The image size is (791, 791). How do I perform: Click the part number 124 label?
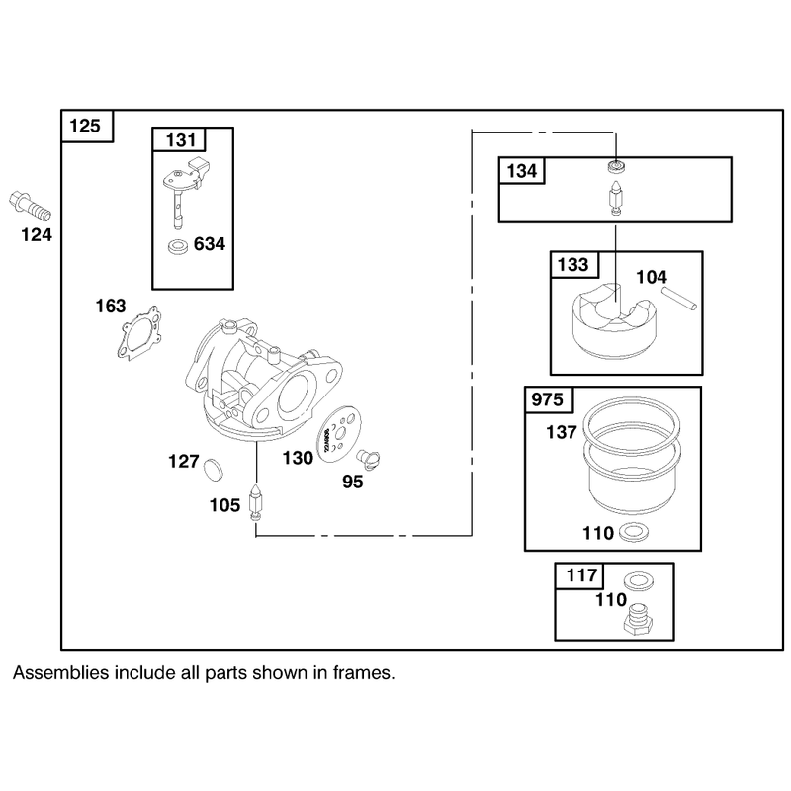click(x=37, y=235)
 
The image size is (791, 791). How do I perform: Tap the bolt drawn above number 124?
click(x=31, y=206)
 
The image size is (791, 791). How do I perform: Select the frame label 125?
click(x=85, y=126)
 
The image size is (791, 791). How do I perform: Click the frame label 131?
click(x=181, y=139)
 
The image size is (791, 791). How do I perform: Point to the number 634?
click(x=210, y=244)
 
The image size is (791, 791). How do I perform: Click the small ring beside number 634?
click(x=179, y=246)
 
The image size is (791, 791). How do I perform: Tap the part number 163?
click(x=111, y=306)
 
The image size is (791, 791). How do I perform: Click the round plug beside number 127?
click(x=212, y=468)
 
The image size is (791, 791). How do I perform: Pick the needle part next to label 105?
click(x=257, y=504)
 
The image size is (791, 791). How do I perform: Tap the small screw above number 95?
click(x=368, y=459)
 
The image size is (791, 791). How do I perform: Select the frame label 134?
click(x=522, y=170)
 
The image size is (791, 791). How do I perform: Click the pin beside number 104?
click(x=679, y=298)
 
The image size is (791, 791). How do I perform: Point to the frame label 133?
click(x=573, y=264)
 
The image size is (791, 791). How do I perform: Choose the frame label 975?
click(x=548, y=400)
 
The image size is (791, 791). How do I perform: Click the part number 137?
click(x=562, y=432)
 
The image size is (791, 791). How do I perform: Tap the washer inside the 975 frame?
click(x=634, y=532)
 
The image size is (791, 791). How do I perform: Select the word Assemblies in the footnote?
click(x=60, y=673)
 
